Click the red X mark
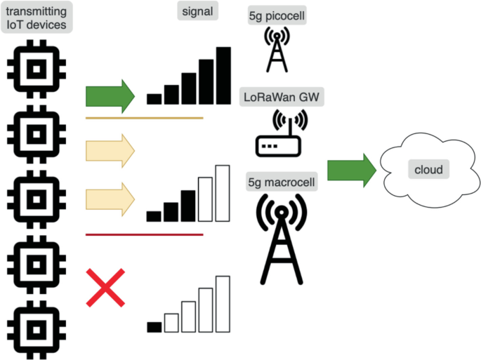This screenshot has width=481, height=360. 106,287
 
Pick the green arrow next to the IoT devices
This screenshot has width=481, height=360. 109,95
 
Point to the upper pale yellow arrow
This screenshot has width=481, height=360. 109,151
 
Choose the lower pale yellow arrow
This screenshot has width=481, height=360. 109,199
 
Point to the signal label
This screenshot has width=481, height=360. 197,11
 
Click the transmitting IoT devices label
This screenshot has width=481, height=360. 37,17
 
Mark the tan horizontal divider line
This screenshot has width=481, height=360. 144,118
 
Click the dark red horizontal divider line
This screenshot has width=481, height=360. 144,234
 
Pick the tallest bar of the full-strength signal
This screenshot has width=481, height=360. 223,76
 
